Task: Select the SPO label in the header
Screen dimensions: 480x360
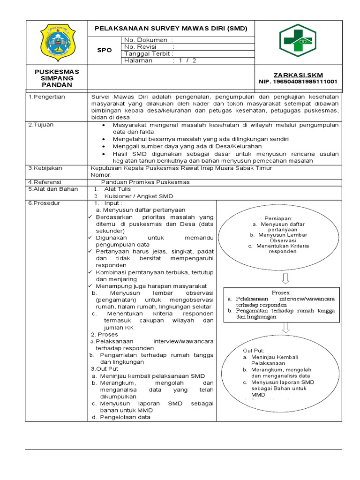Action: coord(104,50)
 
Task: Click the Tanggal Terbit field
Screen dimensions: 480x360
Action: coord(149,53)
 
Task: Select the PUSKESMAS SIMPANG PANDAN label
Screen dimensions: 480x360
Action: coord(57,78)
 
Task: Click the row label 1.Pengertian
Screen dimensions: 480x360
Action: coord(47,97)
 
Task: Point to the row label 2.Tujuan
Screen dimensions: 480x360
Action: coord(42,126)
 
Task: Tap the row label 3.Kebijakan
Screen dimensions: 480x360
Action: coord(45,168)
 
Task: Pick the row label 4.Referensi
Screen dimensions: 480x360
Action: coord(45,182)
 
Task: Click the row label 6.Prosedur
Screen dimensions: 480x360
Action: coord(45,203)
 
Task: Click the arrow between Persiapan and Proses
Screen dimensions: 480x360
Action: coord(285,278)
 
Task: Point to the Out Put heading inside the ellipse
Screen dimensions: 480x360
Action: coord(254,350)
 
